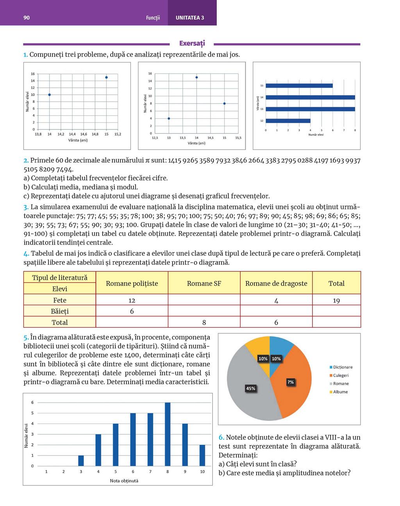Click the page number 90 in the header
pos(27,18)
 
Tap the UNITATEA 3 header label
pos(190,18)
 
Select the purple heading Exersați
pos(192,43)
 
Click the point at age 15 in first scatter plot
pos(106,77)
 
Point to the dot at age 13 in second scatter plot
pos(169,119)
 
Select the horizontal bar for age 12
pos(288,121)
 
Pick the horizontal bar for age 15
pos(299,86)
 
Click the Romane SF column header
pos(204,283)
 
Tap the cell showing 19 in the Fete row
pos(336,301)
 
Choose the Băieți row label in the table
pos(60,311)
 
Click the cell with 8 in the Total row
pos(204,322)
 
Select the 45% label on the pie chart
pos(250,388)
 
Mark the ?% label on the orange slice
pos(291,382)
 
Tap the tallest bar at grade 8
pos(168,434)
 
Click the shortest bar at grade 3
pos(81,460)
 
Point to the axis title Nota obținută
pos(124,481)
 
